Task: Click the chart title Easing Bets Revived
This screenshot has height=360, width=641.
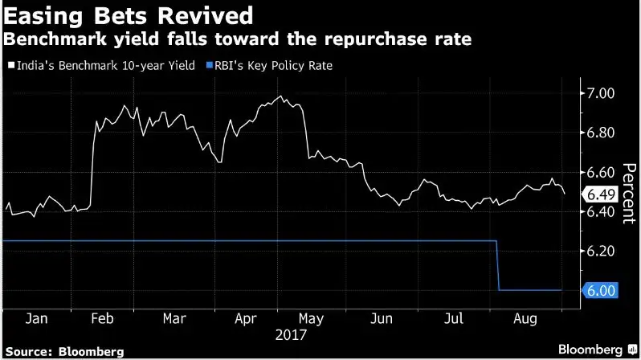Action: [128, 14]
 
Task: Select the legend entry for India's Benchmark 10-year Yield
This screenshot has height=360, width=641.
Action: [103, 65]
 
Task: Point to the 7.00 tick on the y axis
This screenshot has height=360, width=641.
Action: [602, 94]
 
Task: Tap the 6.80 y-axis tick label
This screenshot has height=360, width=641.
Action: [602, 133]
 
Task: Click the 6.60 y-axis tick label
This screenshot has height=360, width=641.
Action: [602, 173]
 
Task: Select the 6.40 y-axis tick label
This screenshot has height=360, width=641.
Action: [602, 212]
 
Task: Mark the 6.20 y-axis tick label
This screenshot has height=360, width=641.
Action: [602, 252]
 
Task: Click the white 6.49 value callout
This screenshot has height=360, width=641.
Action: [602, 194]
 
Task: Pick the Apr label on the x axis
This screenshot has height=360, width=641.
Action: [245, 318]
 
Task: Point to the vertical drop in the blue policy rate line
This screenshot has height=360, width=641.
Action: [498, 265]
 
